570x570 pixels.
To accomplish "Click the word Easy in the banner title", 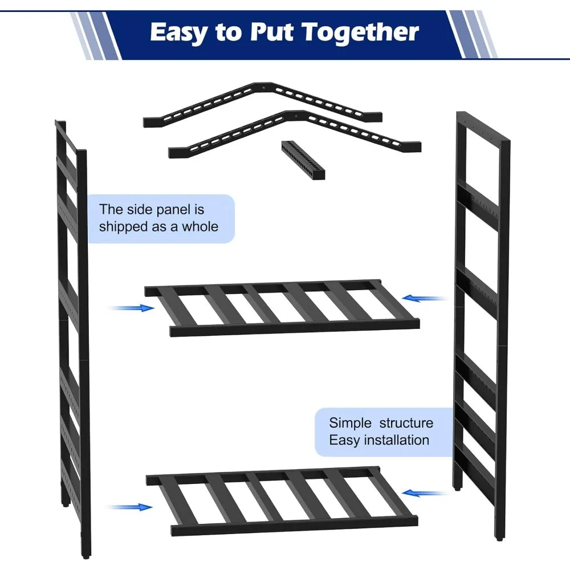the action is pyautogui.click(x=178, y=32).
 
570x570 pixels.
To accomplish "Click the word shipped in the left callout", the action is pyautogui.click(x=123, y=227).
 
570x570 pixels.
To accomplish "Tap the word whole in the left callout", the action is pyautogui.click(x=200, y=227).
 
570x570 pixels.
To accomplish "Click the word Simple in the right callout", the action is pyautogui.click(x=350, y=423).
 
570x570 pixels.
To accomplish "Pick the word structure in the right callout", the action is pyautogui.click(x=406, y=423).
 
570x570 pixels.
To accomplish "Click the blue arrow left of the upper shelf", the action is pyautogui.click(x=131, y=308).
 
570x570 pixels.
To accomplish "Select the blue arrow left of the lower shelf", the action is pyautogui.click(x=129, y=507).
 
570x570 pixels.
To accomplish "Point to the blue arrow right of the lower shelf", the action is pyautogui.click(x=425, y=493).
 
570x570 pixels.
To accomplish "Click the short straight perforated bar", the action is pyautogui.click(x=303, y=160).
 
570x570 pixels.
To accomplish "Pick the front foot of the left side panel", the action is pyautogui.click(x=86, y=555).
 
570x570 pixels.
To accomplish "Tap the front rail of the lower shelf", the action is pyautogui.click(x=295, y=526).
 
